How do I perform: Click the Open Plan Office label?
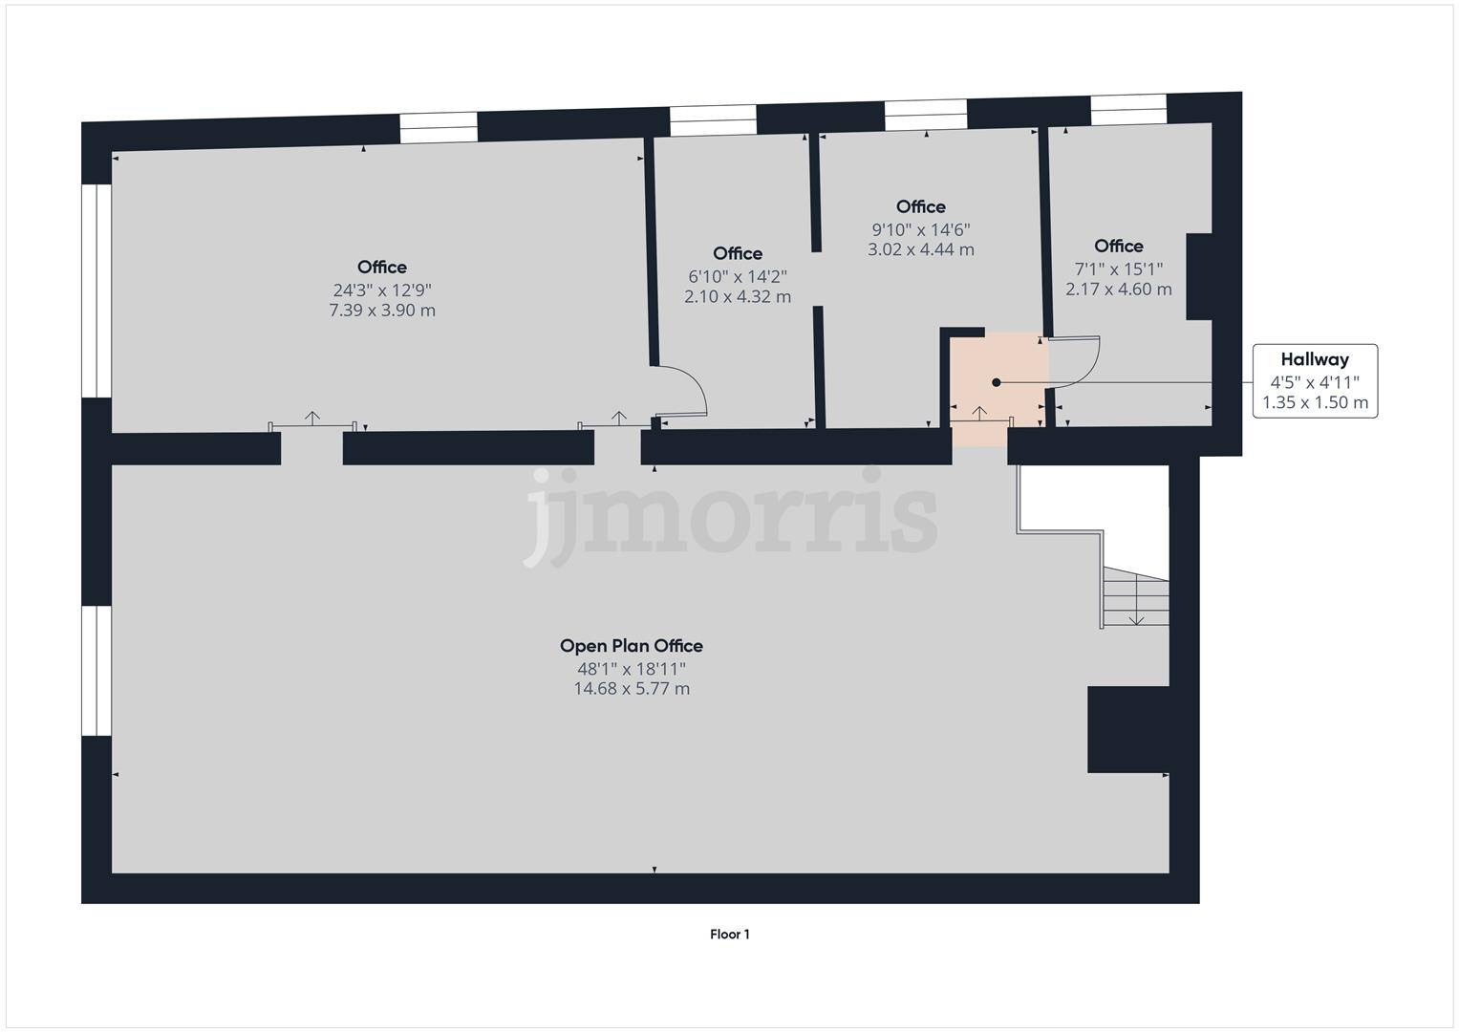pos(631,646)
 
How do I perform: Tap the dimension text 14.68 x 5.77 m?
pos(631,689)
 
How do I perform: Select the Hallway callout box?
pos(1315,381)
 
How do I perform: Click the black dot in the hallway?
pos(997,382)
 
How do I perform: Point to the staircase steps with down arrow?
pos(1135,598)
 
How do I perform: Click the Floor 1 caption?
pos(729,935)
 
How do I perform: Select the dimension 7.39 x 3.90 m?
pos(382,311)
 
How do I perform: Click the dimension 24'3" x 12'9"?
pos(382,290)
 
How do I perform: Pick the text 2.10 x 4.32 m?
pos(738,297)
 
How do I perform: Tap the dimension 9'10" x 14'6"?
pos(921,229)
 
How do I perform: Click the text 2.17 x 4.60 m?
pos(1119,290)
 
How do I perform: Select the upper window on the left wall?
pos(97,290)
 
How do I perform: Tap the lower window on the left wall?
pos(97,671)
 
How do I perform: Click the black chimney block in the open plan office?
pos(1128,729)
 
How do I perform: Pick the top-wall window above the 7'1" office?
pos(1128,110)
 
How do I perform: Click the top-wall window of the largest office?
pos(438,128)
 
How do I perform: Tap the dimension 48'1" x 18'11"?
pos(631,669)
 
